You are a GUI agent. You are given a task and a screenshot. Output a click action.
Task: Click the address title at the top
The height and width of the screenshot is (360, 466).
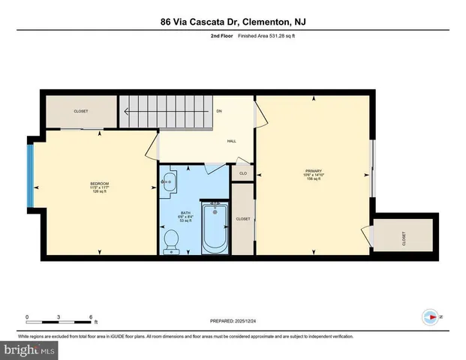coord(233,22)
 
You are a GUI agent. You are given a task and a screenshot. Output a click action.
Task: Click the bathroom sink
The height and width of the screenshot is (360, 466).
coord(170,181)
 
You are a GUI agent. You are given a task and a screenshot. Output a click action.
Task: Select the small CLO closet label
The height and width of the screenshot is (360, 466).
coord(242,174)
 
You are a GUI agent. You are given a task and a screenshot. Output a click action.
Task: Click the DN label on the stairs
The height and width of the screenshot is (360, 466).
coord(219,112)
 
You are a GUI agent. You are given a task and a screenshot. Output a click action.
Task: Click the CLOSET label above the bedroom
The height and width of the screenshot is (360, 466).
coord(80,111)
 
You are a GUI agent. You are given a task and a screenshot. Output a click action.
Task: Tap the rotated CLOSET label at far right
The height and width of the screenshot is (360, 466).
coord(404,238)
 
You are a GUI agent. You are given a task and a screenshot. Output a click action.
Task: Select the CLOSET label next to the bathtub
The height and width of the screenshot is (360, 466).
coord(242,219)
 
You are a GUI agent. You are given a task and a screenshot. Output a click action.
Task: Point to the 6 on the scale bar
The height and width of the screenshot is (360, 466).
coord(92,316)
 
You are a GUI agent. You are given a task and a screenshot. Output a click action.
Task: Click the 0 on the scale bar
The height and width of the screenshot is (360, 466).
coord(27,316)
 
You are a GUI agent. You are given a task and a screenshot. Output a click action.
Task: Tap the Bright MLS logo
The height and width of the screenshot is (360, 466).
coord(28,349)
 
